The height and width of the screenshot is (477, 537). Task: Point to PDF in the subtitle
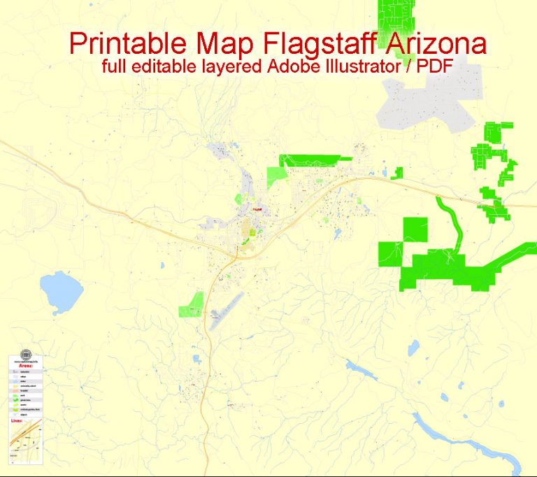436,68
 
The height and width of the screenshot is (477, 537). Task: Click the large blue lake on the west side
61,292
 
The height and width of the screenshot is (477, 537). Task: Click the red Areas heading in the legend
26,365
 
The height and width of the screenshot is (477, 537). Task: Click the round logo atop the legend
26,354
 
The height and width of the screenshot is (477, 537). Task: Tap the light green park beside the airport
191,306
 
